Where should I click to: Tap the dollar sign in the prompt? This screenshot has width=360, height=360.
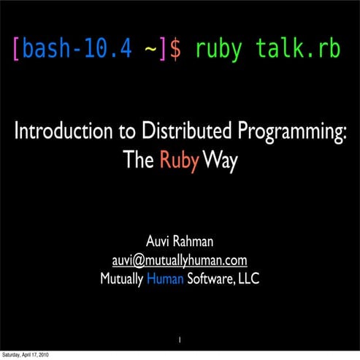click(x=177, y=50)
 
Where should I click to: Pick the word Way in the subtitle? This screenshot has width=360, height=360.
click(x=220, y=161)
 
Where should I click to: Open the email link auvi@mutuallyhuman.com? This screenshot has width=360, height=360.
click(x=179, y=260)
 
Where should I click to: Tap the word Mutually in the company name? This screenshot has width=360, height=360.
click(x=121, y=278)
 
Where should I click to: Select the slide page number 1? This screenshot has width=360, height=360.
click(x=180, y=338)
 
